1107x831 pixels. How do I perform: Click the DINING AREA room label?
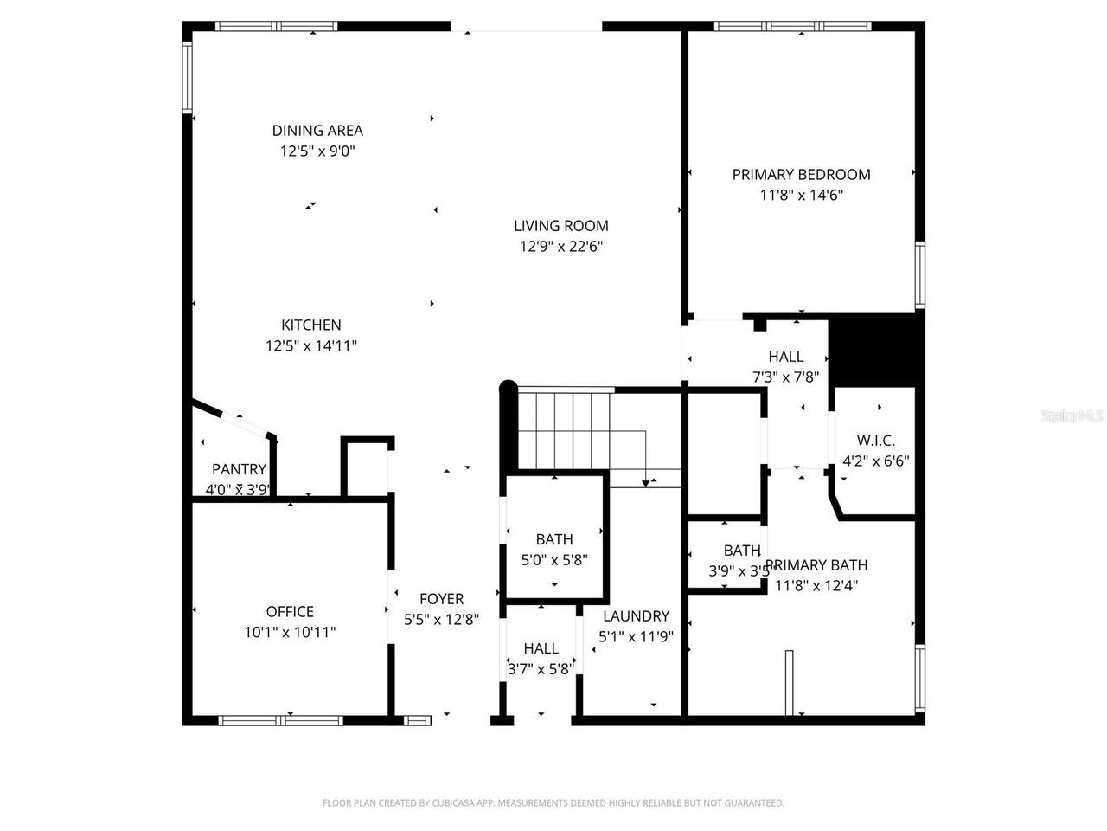[x=317, y=131]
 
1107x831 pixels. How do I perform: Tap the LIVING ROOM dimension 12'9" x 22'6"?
[x=560, y=247]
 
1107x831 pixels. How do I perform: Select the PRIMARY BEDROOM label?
[x=801, y=174]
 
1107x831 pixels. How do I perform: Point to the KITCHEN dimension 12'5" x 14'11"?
[x=310, y=346]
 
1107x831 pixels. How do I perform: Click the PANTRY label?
[x=239, y=469]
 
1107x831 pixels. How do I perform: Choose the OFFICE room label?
[x=290, y=611]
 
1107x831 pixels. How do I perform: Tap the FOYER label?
[x=441, y=599]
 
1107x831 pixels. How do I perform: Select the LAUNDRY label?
[x=636, y=616]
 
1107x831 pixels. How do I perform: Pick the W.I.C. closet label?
[x=875, y=441]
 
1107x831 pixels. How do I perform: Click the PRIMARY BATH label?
[x=816, y=565]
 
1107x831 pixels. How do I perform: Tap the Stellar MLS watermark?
[x=1072, y=416]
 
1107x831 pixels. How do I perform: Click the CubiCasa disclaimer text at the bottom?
[x=553, y=803]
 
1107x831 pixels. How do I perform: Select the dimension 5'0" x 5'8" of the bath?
[x=554, y=560]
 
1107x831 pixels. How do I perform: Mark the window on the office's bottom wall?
[x=280, y=719]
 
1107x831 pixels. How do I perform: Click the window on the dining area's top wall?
[x=277, y=26]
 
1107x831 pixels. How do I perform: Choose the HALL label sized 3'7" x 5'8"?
[x=541, y=648]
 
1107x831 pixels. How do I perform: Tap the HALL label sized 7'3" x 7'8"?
[x=785, y=357]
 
